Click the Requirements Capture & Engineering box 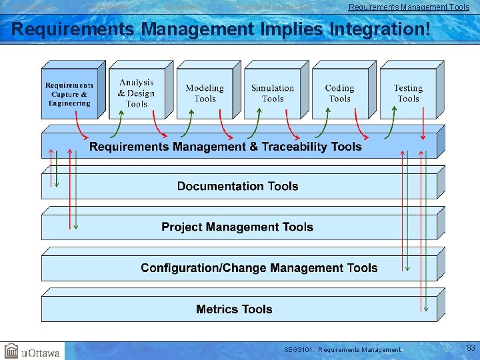[69, 95]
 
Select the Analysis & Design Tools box [136, 94]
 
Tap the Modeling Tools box [205, 94]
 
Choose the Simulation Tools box [272, 94]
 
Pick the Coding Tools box [339, 94]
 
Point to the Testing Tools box [408, 94]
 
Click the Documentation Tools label [237, 187]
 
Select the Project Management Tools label [237, 227]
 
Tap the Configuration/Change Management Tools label [259, 268]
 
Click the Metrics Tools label [234, 309]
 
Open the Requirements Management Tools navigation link [409, 7]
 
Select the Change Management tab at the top [273, 7]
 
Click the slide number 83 [471, 348]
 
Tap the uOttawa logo [32, 351]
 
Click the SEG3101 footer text [343, 349]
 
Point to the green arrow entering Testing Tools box [391, 125]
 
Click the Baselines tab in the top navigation [182, 7]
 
